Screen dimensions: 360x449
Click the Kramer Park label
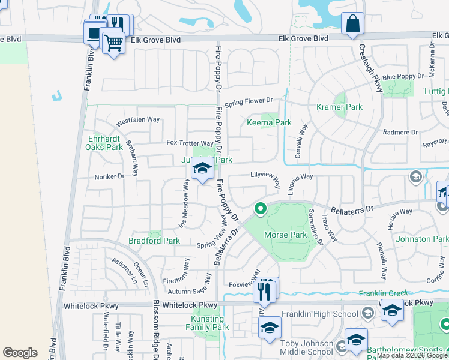point(339,107)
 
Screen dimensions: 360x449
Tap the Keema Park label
point(269,122)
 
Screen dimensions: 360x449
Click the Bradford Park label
point(154,241)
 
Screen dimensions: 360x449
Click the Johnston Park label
point(422,239)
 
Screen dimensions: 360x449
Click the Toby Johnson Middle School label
point(306,347)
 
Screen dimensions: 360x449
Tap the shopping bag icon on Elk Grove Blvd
point(352,24)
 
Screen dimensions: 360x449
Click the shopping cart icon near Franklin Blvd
point(113,43)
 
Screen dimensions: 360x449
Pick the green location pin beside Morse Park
point(261,209)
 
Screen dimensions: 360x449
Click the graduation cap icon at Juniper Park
point(203,169)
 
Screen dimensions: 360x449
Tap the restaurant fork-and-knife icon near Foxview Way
point(264,291)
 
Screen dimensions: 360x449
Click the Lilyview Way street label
point(265,178)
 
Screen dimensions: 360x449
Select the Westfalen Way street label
point(137,119)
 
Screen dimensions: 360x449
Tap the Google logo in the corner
point(20,352)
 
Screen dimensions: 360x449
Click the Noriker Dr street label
point(109,176)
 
